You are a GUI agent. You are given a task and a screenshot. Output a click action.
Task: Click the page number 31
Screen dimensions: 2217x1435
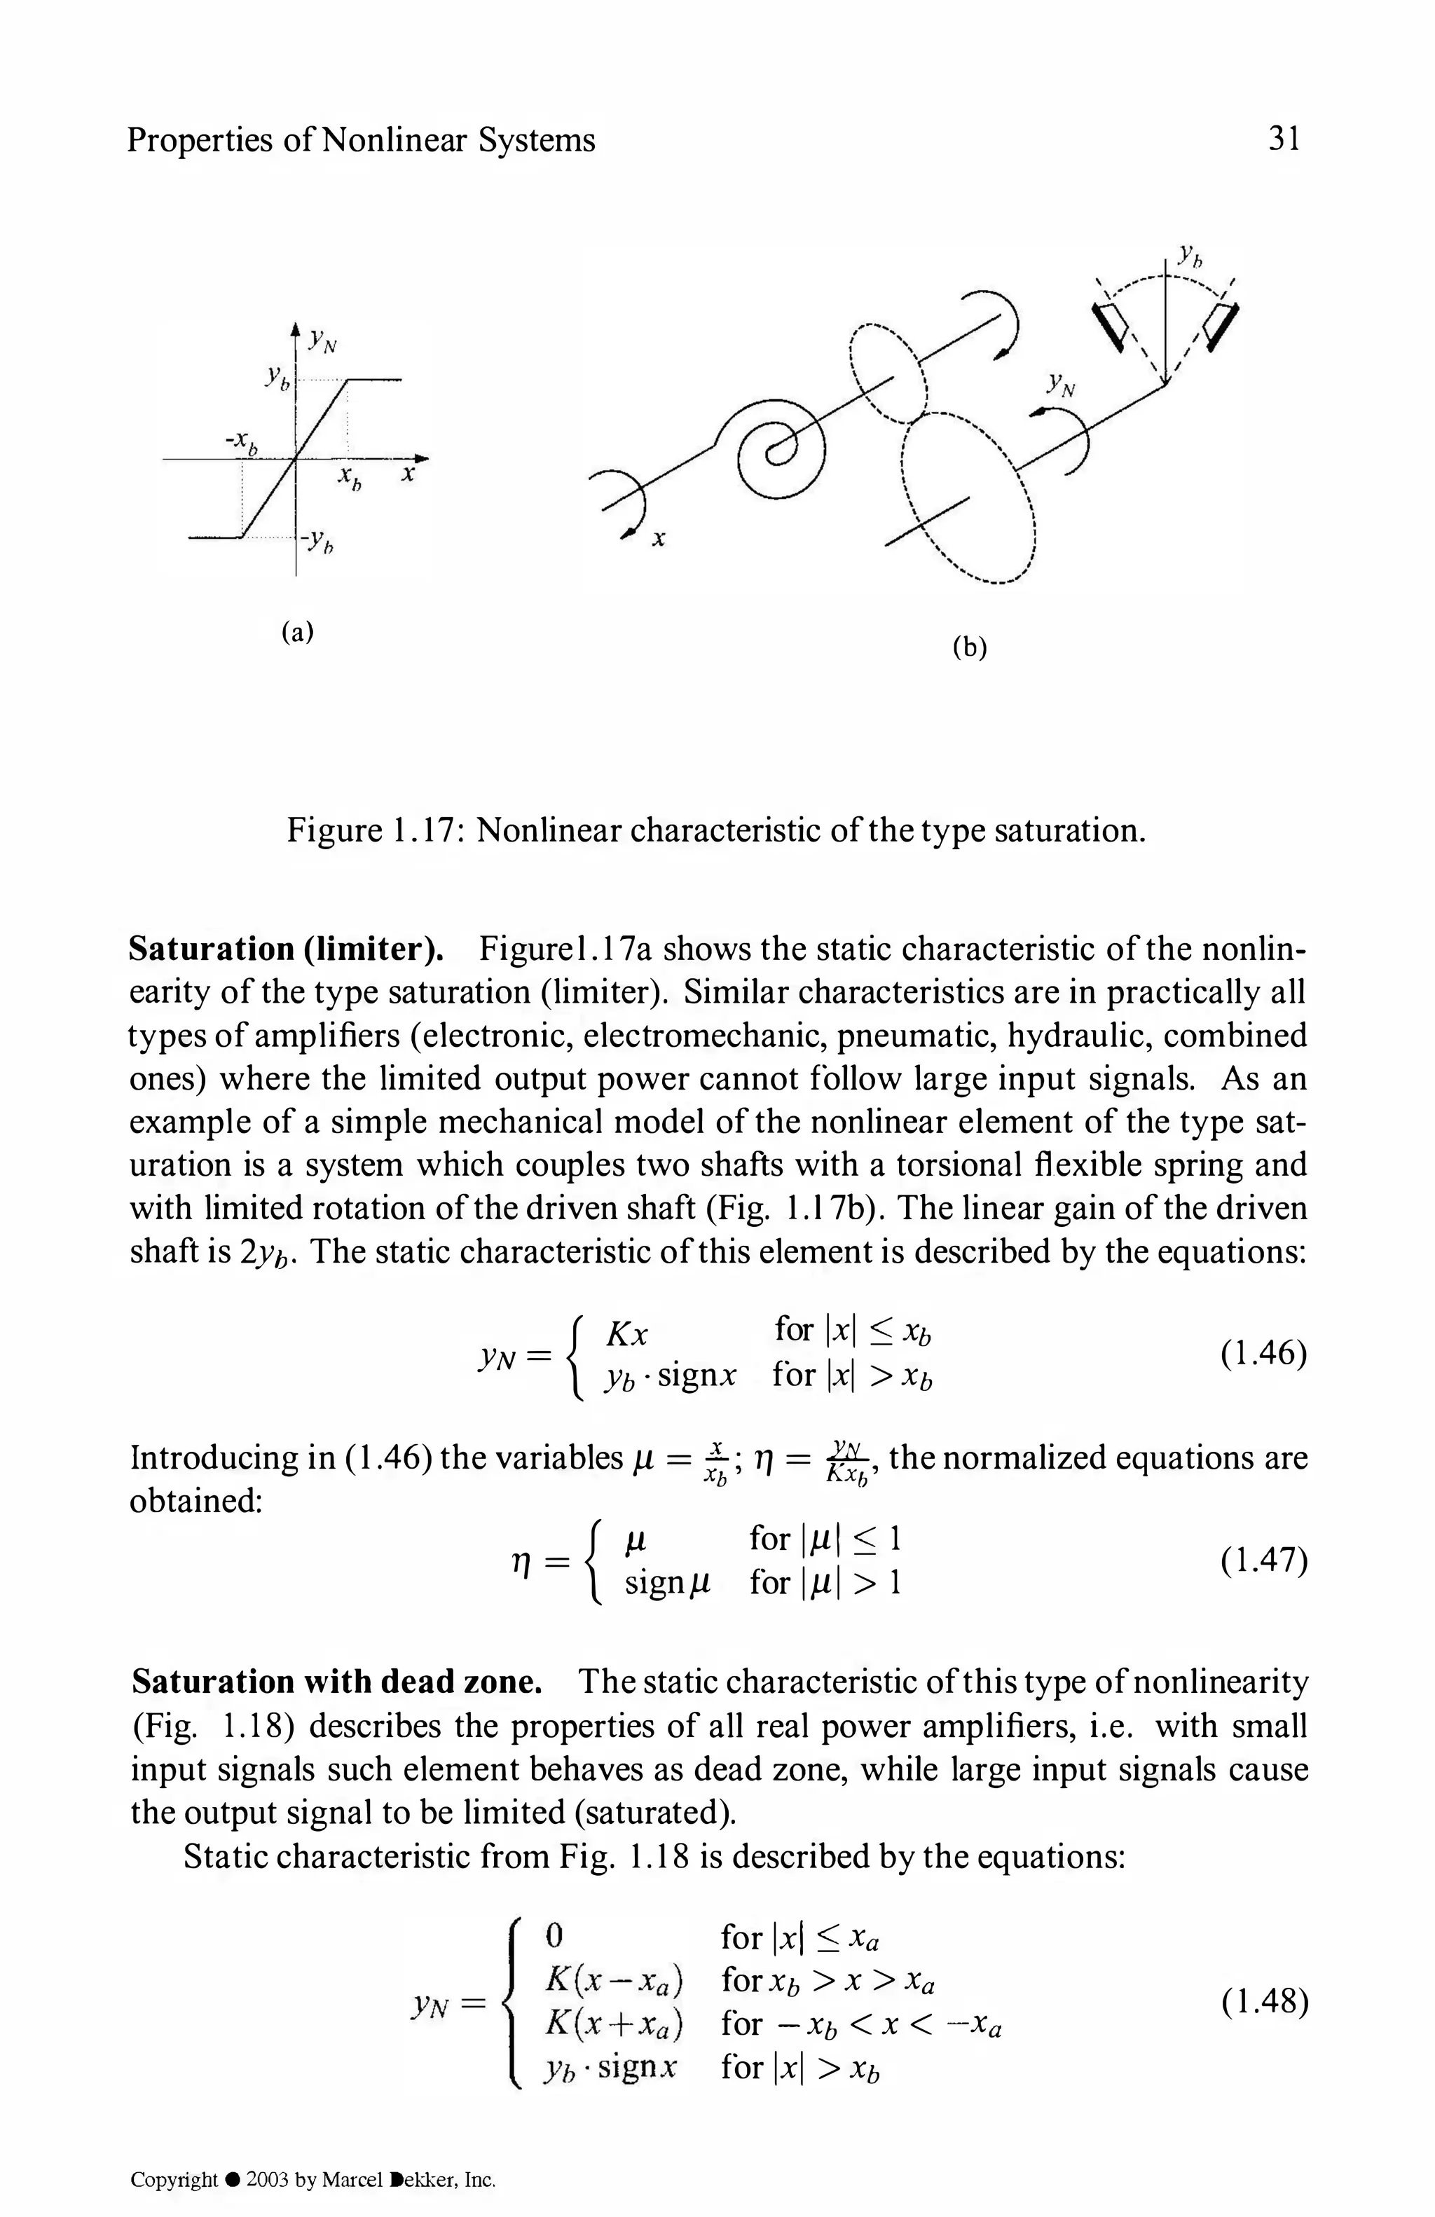1282,139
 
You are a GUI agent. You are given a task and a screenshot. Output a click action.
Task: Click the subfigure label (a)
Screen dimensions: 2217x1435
297,633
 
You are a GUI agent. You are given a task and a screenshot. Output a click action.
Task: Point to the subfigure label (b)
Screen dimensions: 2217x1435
969,648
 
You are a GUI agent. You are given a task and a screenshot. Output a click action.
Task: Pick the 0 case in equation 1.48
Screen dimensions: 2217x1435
553,1936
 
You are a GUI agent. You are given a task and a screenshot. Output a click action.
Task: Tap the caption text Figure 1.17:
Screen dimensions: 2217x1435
376,829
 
